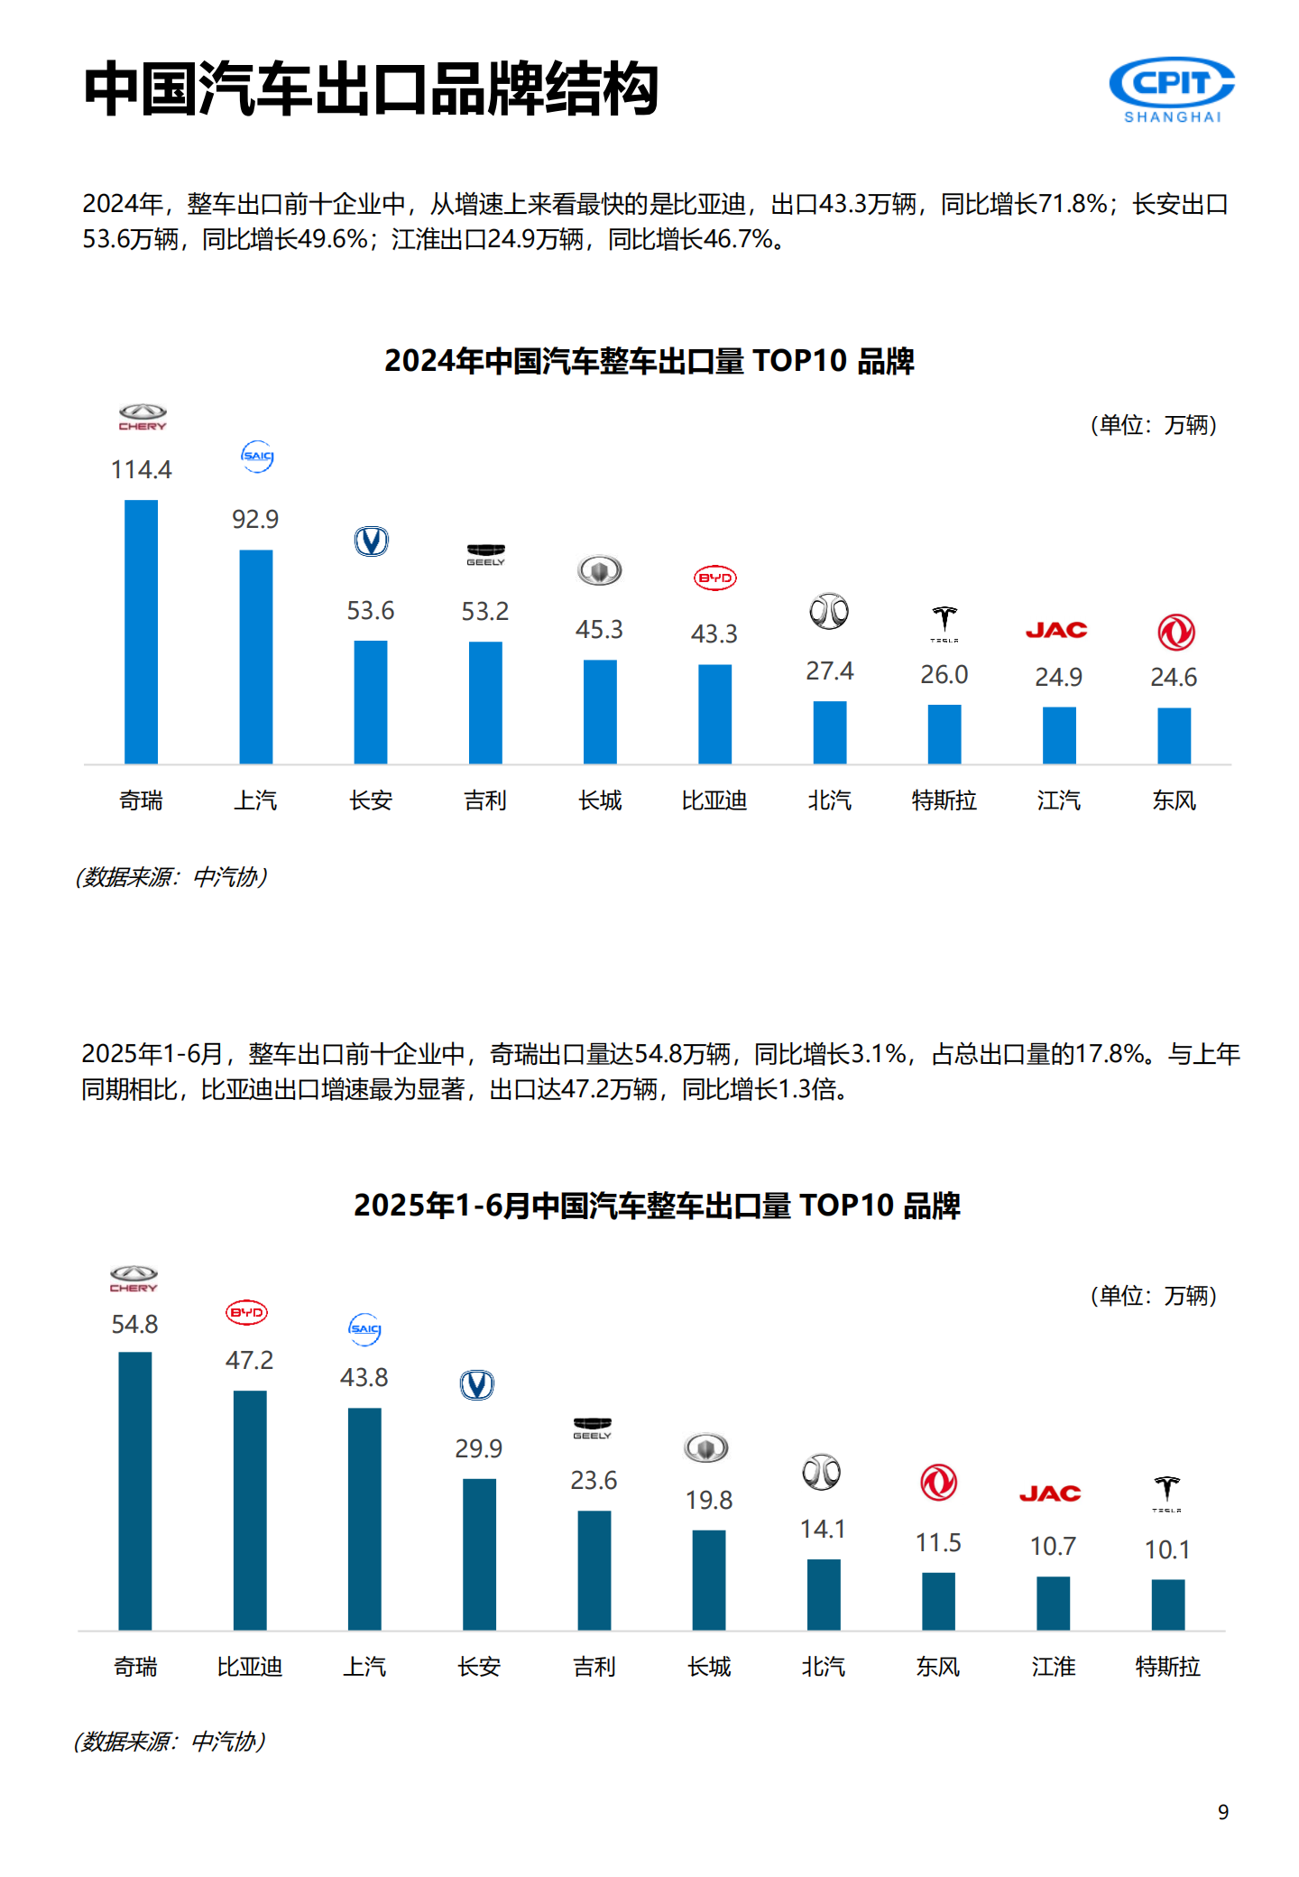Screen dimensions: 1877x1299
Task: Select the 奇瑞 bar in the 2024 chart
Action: click(141, 632)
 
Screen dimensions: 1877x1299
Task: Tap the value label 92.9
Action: click(255, 519)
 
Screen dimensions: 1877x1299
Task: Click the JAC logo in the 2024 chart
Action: click(1056, 630)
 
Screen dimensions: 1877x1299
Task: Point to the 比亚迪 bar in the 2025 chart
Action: click(250, 1510)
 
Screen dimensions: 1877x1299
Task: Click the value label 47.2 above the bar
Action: click(249, 1360)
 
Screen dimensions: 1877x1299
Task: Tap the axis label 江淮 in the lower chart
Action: click(1053, 1666)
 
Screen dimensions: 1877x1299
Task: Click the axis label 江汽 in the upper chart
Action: click(1058, 800)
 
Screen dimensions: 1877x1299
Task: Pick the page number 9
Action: click(1223, 1812)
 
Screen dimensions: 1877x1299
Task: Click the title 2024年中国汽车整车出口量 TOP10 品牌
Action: click(649, 361)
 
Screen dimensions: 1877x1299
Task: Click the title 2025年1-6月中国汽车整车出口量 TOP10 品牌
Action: click(657, 1206)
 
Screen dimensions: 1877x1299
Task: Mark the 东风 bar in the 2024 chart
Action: click(1174, 735)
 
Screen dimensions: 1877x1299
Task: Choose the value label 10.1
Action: click(1167, 1549)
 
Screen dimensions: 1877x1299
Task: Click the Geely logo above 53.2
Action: click(485, 554)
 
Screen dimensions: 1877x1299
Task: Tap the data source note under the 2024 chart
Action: click(171, 876)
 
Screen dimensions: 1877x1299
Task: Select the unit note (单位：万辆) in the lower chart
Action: click(1154, 1296)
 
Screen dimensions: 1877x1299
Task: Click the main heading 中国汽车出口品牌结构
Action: click(371, 89)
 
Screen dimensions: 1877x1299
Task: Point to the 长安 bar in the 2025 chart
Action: click(479, 1553)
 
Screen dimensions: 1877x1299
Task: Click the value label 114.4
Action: click(141, 469)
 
